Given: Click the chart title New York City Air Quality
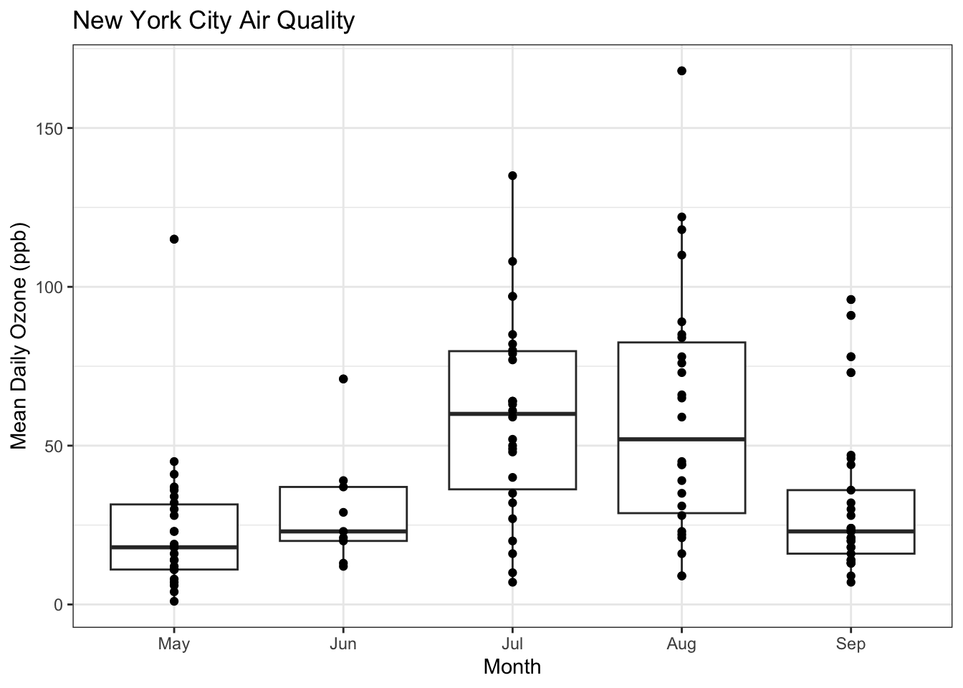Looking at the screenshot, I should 214,21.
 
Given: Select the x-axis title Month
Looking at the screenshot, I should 512,667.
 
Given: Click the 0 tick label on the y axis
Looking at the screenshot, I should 57,604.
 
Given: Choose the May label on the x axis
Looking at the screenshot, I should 174,644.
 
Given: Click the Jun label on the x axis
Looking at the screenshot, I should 343,644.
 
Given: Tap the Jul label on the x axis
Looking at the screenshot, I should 512,644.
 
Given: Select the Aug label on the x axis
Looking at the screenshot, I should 681,644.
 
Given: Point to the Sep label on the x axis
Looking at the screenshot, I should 851,644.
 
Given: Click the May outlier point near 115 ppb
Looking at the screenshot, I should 174,239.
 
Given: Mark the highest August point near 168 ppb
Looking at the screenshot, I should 681,71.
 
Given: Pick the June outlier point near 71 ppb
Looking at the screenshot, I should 343,379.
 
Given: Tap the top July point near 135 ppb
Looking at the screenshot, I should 512,176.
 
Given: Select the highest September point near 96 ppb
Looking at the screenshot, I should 851,300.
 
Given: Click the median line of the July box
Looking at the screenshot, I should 545,414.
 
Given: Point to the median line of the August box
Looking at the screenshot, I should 717,439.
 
